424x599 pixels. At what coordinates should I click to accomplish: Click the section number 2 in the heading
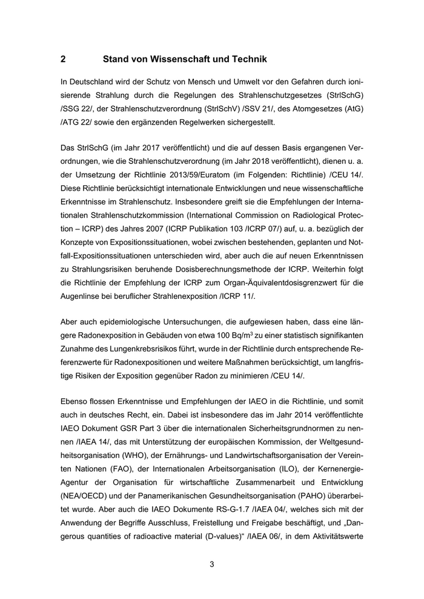[x=63, y=59]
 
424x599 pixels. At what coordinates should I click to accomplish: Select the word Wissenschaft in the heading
[x=175, y=59]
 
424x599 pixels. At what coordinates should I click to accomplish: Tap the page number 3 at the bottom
[x=212, y=565]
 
